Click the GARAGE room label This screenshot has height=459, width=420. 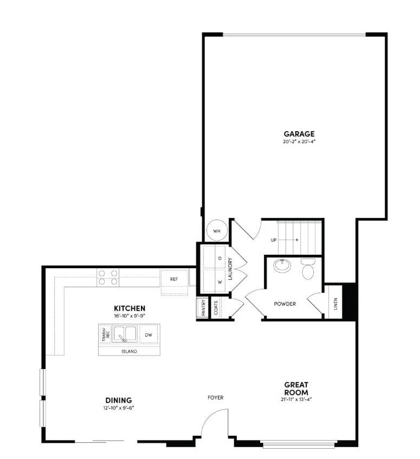coord(299,134)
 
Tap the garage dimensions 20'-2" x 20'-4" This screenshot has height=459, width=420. coord(299,142)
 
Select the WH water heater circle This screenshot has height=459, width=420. coord(217,231)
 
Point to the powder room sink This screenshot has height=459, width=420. coord(282,266)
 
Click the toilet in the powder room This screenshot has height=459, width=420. coord(308,269)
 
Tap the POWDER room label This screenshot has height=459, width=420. coord(285,304)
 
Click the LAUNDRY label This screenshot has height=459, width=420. coord(230,268)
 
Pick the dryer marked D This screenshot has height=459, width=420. coord(219,258)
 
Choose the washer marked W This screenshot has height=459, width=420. coord(219,282)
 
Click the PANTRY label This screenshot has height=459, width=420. coord(202,307)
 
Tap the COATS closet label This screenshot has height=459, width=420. coord(216,307)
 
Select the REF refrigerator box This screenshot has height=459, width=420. coord(174,280)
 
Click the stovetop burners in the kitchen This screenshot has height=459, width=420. coord(108,277)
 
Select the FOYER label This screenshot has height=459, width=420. coord(215,398)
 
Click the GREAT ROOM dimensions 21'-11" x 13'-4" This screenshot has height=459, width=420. coord(296,400)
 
